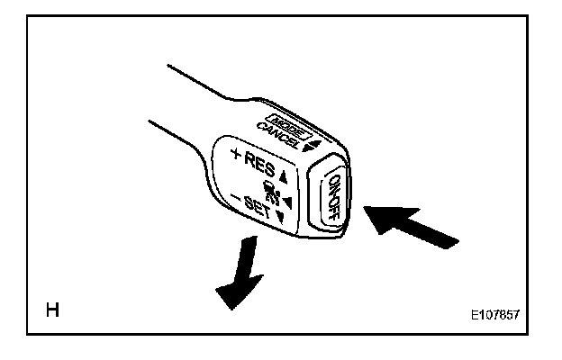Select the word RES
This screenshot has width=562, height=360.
(259, 165)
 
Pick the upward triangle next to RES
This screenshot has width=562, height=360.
(282, 175)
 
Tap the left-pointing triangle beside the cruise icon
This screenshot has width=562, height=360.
(286, 201)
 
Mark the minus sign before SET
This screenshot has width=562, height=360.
(234, 196)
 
